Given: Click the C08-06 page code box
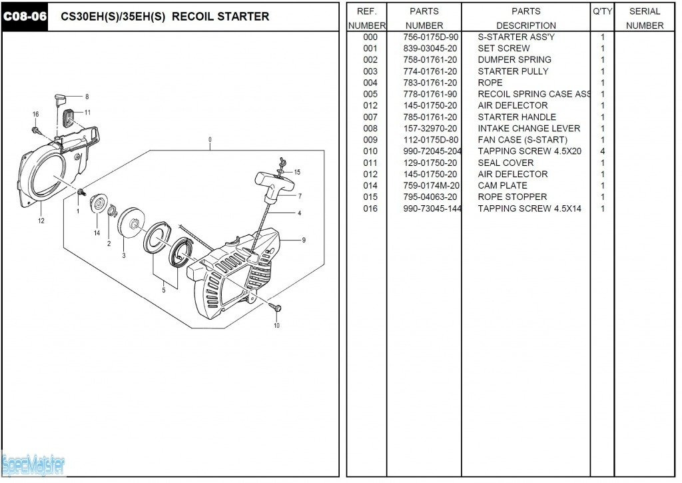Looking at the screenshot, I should click(25, 16).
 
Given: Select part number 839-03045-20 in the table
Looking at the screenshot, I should click(430, 48).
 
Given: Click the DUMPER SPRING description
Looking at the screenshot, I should click(514, 59).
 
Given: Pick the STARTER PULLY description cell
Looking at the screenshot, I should click(513, 71).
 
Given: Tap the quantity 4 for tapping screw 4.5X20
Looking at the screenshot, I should click(603, 151).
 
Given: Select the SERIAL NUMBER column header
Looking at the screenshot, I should click(645, 18).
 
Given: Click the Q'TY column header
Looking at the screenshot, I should click(602, 11).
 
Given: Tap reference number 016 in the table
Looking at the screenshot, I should click(370, 209).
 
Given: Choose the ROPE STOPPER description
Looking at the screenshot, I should click(512, 197).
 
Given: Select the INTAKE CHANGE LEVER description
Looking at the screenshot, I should click(529, 129).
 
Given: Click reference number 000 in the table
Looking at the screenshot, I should click(370, 37).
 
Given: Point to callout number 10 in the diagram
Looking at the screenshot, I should click(277, 326).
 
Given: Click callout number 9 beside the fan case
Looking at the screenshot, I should click(304, 240).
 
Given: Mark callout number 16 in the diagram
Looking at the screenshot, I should click(35, 115).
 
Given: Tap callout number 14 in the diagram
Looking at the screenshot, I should click(97, 233).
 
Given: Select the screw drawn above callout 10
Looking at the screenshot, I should click(277, 308).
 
